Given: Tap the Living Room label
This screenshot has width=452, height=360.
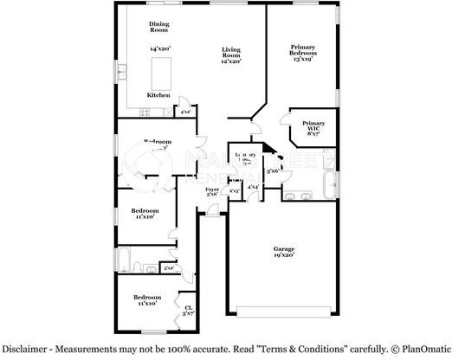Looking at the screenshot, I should coord(229,51).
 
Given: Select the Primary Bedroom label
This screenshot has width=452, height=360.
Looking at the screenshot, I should coord(303,51).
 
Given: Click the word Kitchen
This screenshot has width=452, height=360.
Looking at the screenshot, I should coord(158,94).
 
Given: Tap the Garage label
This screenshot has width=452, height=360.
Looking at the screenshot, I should coord(283,248).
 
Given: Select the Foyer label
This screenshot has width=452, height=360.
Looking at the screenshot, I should coord(212,190).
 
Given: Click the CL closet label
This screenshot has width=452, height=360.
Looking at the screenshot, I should coord(188,306).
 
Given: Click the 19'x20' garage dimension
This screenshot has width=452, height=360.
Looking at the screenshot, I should coord(284,255).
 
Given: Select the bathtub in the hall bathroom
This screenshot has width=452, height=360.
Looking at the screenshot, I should coord(126,260).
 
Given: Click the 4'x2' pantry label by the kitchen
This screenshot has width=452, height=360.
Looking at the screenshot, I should coord(184,111).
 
